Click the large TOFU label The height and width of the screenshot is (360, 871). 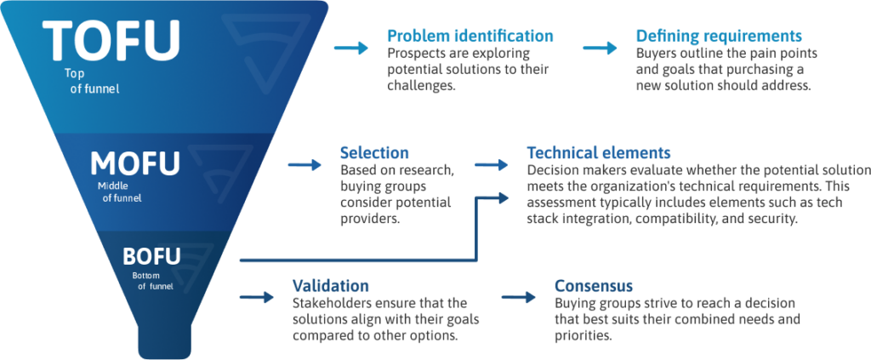pos(111,41)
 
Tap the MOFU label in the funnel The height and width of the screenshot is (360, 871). pos(135,164)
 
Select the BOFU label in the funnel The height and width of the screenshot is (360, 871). pos(151,257)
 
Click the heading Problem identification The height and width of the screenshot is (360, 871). pos(470,36)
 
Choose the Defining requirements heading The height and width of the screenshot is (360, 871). pos(719,36)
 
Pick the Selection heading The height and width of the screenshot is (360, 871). pos(374,153)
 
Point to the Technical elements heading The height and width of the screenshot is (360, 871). pos(599,153)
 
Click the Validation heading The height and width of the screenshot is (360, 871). pos(331,286)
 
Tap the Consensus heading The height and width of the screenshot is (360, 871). pos(593,286)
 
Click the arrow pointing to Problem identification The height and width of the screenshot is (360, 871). pos(351,48)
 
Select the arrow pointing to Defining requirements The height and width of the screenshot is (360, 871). pos(600,48)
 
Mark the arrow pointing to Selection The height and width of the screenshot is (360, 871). pos(305,164)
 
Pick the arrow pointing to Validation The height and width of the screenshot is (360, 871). pos(257,297)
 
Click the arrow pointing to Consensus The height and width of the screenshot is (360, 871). pos(518,297)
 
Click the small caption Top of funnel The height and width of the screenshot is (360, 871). pos(92,81)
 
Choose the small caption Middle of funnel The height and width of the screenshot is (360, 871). pos(119,191)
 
